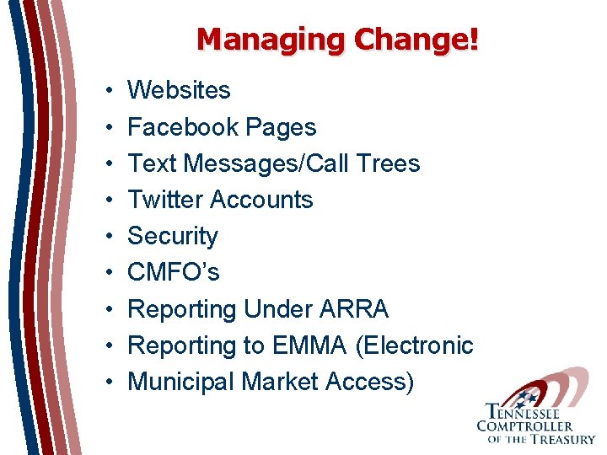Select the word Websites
point(179,90)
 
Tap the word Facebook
point(182,127)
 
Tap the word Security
point(172,237)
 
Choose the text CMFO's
point(173,272)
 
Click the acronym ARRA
point(354,309)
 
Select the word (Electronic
point(415,345)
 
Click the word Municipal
point(180,382)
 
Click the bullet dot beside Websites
point(110,91)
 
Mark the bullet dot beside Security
point(110,237)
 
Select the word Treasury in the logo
point(559,438)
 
